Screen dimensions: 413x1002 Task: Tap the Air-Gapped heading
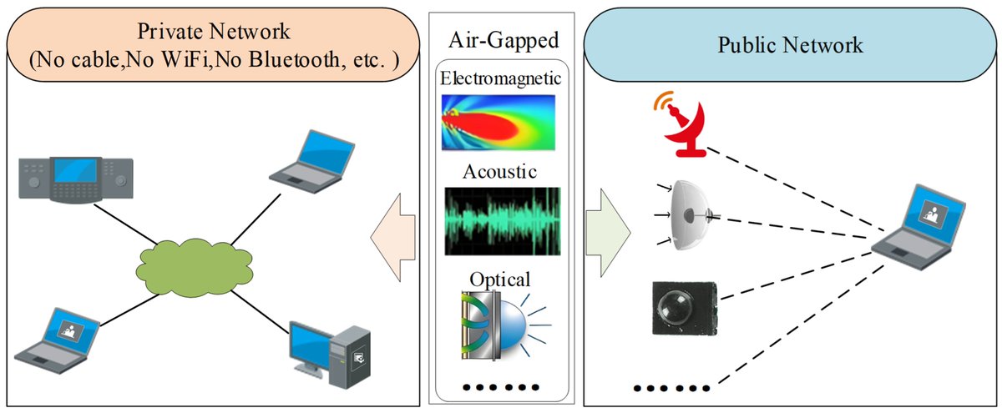(x=501, y=39)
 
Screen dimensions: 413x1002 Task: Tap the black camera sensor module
(x=684, y=307)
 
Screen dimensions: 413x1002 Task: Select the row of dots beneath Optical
(x=501, y=387)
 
